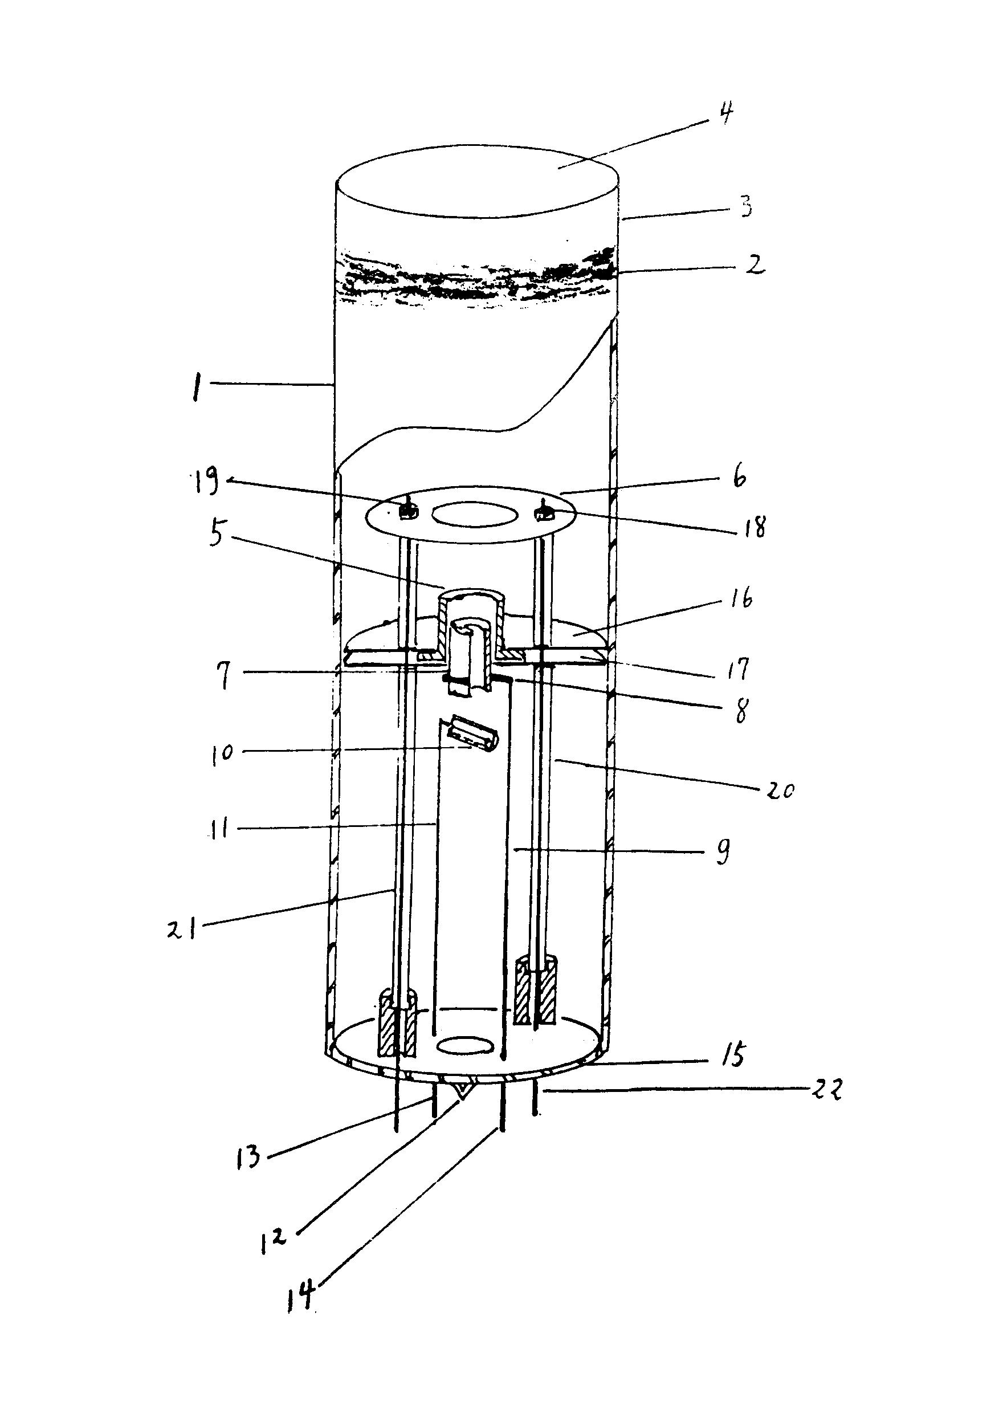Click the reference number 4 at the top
pyautogui.click(x=725, y=113)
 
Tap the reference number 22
pyautogui.click(x=826, y=1089)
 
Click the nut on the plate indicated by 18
pyautogui.click(x=545, y=511)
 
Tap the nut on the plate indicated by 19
pyautogui.click(x=407, y=510)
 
